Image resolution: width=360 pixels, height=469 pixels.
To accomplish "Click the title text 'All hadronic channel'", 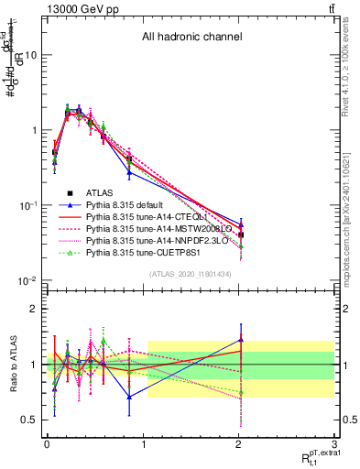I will coord(191,38).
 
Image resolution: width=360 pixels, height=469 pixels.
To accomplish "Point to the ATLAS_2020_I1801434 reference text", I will coord(191,274).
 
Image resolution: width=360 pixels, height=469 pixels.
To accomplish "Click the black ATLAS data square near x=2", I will coord(240,235).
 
